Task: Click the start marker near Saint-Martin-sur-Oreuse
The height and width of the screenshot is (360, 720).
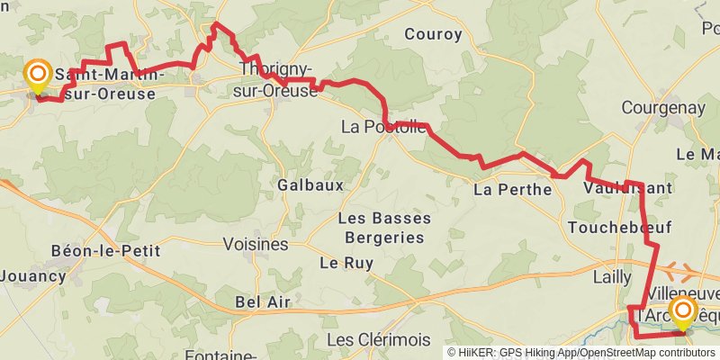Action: pyautogui.click(x=38, y=76)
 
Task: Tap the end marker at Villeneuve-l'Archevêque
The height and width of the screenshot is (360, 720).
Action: pyautogui.click(x=683, y=314)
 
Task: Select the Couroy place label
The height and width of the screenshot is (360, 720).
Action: pyautogui.click(x=433, y=35)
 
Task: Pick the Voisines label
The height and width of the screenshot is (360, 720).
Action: pyautogui.click(x=255, y=244)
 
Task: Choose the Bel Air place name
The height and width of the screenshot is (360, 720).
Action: pyautogui.click(x=262, y=301)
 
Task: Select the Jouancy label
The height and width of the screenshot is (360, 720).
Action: pyautogui.click(x=33, y=275)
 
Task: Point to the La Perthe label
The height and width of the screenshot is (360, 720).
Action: pyautogui.click(x=512, y=190)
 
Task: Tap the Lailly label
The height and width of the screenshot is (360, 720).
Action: pyautogui.click(x=612, y=277)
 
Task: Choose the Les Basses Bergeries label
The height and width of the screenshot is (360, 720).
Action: pyautogui.click(x=383, y=228)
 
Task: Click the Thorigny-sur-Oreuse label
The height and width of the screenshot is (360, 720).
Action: pyautogui.click(x=277, y=80)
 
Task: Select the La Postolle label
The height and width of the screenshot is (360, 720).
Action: pyautogui.click(x=383, y=127)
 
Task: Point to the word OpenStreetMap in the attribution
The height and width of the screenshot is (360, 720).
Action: pyautogui.click(x=604, y=353)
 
